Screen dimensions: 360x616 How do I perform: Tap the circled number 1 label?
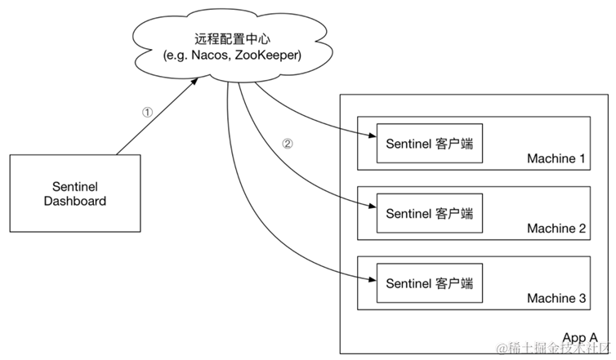pyautogui.click(x=147, y=113)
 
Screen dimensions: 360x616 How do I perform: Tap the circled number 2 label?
pyautogui.click(x=287, y=144)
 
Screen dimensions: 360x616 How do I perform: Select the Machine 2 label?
pyautogui.click(x=556, y=229)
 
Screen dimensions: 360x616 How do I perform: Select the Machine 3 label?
pyautogui.click(x=556, y=300)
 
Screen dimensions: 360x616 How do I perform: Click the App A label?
pyautogui.click(x=581, y=337)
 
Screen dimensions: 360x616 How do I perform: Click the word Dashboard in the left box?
pyautogui.click(x=74, y=201)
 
